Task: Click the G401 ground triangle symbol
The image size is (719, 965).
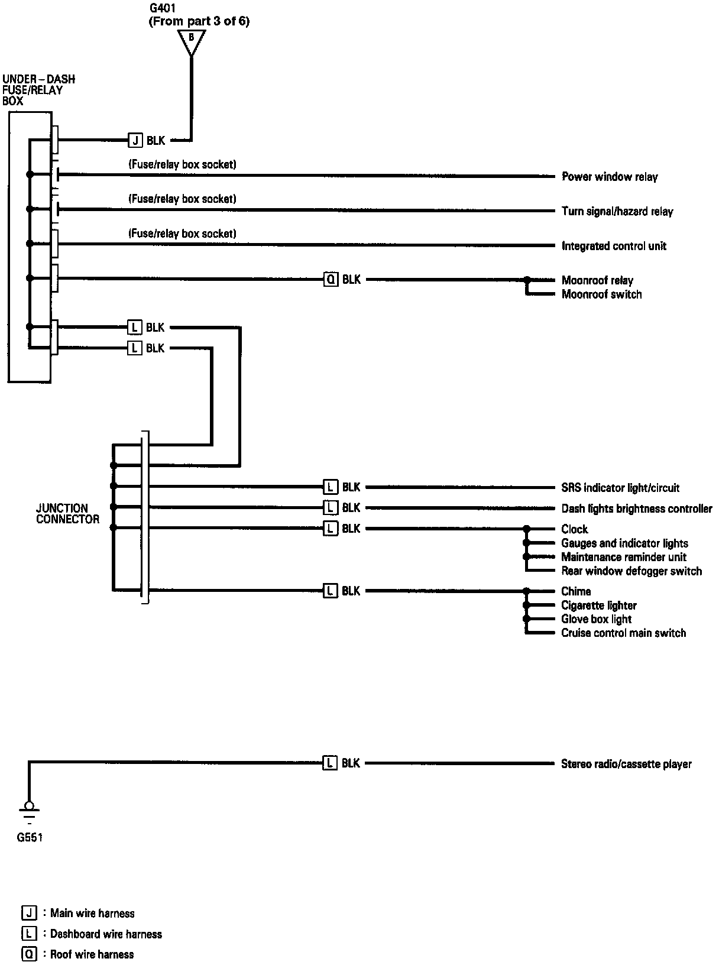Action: click(191, 41)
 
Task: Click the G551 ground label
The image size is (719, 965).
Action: click(30, 837)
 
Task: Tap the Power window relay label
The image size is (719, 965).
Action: click(610, 177)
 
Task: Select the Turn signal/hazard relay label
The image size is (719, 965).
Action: click(617, 211)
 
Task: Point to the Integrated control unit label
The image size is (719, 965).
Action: click(614, 246)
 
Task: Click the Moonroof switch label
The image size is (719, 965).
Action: click(601, 294)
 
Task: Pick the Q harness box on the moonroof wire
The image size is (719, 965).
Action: click(331, 280)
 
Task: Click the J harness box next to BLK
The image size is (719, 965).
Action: click(135, 141)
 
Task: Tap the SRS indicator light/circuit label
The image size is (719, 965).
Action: click(620, 488)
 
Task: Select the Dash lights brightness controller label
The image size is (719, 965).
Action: click(636, 509)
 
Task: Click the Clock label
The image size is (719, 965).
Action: click(574, 529)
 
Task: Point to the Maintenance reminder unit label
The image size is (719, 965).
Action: click(624, 557)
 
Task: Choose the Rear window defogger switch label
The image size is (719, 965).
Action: click(631, 571)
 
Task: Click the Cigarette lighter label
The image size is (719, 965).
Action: click(599, 605)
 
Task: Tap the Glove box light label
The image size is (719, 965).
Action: click(596, 619)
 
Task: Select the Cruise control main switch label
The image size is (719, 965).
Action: click(623, 633)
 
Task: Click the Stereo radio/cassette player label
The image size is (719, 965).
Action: click(626, 764)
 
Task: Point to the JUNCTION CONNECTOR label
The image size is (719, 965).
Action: click(67, 514)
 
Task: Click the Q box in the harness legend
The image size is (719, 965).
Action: click(28, 954)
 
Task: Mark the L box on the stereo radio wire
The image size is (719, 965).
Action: click(330, 763)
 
